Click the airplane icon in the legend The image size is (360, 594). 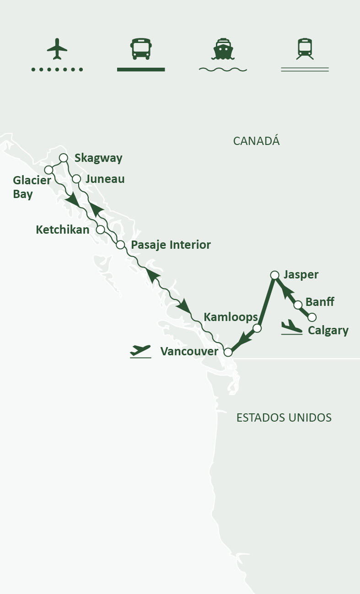click(x=57, y=48)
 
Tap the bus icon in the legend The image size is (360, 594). click(x=141, y=49)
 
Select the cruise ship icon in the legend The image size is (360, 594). click(x=223, y=49)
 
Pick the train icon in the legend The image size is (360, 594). click(x=305, y=49)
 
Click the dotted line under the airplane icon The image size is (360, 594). click(x=57, y=70)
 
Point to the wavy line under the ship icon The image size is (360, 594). click(x=223, y=70)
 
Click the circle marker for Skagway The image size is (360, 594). click(x=64, y=158)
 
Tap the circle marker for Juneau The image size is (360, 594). click(x=76, y=179)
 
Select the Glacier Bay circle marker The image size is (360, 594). click(x=48, y=170)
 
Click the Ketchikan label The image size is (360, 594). click(x=62, y=230)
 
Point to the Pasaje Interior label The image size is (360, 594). click(x=171, y=245)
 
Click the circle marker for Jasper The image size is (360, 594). click(x=274, y=275)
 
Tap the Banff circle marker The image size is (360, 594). click(x=298, y=305)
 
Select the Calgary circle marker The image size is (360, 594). click(x=312, y=317)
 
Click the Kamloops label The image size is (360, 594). click(x=231, y=316)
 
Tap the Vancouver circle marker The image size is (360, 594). click(x=227, y=352)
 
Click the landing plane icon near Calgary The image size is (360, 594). click(x=291, y=327)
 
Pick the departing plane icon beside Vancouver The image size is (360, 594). click(x=140, y=351)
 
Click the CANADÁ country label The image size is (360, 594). click(x=256, y=141)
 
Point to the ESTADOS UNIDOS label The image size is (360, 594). click(x=284, y=417)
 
